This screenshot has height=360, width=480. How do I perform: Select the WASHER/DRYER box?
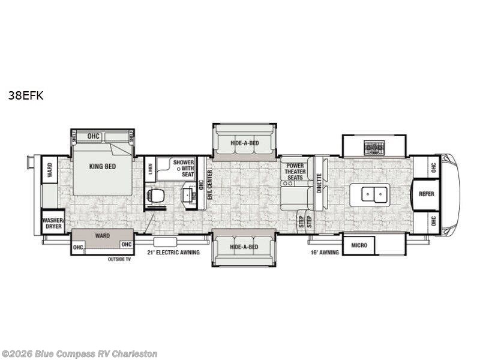53,224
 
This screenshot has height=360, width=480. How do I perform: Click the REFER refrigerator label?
427,194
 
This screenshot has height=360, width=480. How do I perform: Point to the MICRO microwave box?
359,245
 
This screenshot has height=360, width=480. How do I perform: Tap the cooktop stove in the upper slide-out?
374,148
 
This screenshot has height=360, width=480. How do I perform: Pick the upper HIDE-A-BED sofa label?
244,143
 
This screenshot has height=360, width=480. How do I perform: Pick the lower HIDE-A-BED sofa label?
244,247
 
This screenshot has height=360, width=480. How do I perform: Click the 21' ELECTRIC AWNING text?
173,253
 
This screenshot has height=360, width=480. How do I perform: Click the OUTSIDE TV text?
119,259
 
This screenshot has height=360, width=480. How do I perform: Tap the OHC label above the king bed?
93,136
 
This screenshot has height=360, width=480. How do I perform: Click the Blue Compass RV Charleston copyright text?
79,353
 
